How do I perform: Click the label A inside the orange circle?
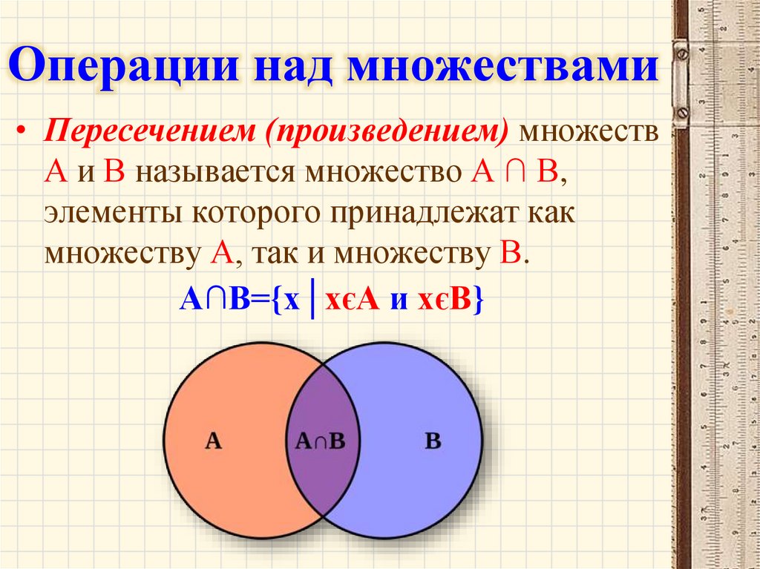tap(213, 442)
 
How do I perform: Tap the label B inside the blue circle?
tap(433, 442)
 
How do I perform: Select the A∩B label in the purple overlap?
tap(320, 442)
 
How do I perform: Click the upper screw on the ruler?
tap(681, 53)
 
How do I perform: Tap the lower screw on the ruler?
tap(681, 112)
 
